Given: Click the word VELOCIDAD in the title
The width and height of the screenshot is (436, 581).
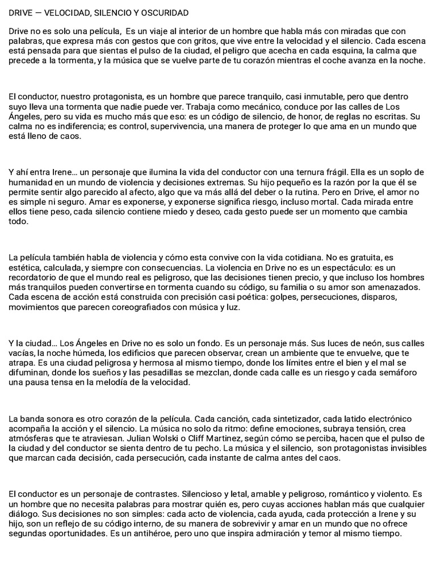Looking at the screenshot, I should tap(62, 12).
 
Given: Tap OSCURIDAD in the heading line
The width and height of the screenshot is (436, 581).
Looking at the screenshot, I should tap(166, 12).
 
